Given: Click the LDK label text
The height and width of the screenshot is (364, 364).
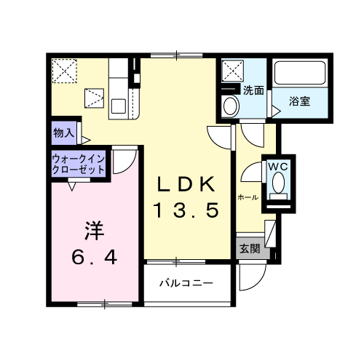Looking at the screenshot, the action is point(186,184).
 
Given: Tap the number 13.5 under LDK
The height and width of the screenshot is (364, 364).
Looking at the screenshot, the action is point(186,210).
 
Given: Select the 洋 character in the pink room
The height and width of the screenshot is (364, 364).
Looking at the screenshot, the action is point(94,230).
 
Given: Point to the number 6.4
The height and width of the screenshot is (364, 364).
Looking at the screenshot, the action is point(95,257).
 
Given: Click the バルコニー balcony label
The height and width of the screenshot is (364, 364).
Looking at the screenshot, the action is point(186,283).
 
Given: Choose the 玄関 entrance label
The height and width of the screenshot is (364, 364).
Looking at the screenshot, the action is point(250,249).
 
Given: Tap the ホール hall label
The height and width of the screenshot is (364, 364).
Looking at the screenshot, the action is point(248,197).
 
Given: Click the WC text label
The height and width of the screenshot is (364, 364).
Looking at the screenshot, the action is point(277,167).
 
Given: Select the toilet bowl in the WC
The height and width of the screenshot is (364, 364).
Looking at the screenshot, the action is point(278,183).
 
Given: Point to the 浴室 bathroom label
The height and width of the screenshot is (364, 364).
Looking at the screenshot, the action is point(299,101).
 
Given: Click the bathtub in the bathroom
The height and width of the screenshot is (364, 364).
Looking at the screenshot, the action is point(300,73).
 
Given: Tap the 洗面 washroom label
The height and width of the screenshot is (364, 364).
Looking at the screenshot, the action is point(253,90).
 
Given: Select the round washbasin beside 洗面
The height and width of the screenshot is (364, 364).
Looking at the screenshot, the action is point(230,106).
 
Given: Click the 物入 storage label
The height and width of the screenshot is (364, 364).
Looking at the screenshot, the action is point(64,133).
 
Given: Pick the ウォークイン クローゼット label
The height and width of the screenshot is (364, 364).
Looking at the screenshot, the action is point(79,165).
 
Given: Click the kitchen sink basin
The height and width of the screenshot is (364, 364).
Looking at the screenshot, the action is point(118,106).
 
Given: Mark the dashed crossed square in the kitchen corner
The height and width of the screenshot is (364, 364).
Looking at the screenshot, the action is point(65,71).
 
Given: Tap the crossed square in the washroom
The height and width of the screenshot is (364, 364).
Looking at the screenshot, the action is point(233,71).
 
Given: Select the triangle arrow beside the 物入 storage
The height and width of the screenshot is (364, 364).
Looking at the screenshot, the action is point(86,140).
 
